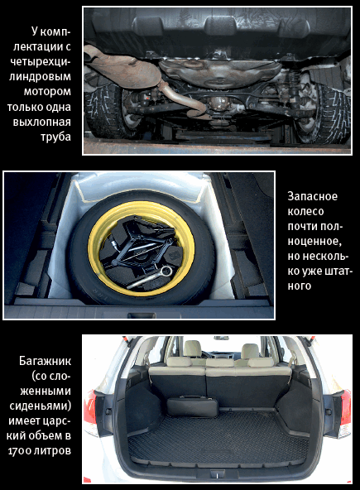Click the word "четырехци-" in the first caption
41,61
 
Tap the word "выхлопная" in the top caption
41,122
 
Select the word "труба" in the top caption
55,137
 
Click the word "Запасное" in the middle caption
313,196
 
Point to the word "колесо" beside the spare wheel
305,211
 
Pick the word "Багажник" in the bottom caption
45,361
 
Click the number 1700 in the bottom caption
20,451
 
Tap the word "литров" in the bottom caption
52,451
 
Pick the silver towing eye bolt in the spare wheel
150,277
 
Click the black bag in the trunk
192,406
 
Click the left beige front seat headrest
192,348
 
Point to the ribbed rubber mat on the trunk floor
218,438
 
